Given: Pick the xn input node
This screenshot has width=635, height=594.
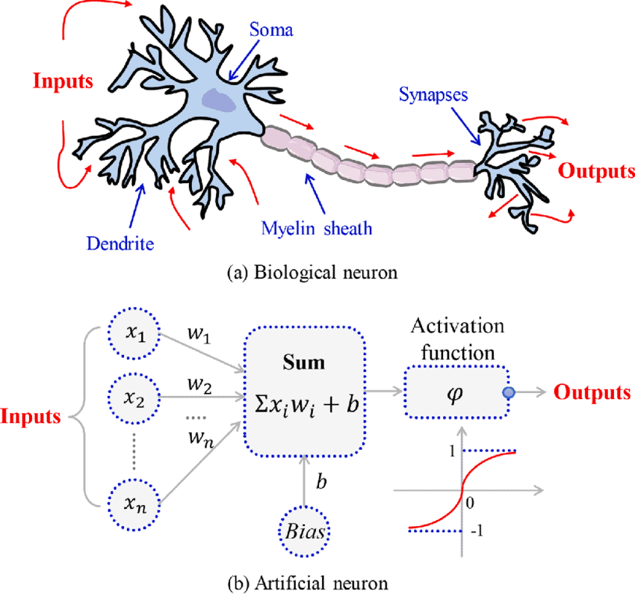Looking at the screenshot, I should (x=134, y=504).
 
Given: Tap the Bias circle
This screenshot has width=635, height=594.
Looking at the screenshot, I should (x=305, y=533).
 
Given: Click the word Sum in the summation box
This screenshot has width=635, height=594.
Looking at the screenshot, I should (x=303, y=364).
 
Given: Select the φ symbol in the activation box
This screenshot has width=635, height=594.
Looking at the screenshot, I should (x=456, y=391).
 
